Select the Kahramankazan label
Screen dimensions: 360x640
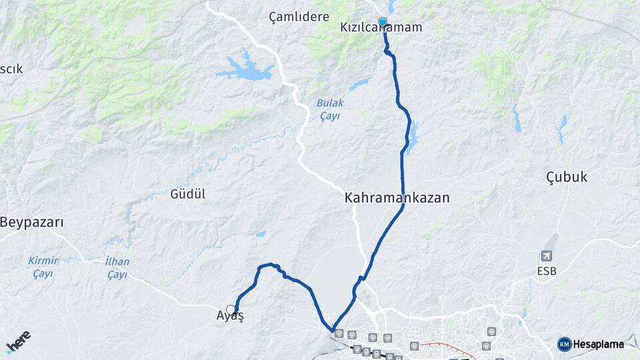tap(397, 198)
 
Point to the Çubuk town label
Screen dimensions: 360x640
tap(566, 177)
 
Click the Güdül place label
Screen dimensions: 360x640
tap(187, 194)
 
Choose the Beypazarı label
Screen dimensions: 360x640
tap(32, 222)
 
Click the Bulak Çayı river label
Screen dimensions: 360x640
tap(329, 110)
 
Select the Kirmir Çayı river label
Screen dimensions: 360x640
tap(43, 267)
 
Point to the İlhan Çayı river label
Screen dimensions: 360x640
tap(117, 267)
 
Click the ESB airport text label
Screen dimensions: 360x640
tap(547, 271)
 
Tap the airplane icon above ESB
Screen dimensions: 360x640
tap(547, 256)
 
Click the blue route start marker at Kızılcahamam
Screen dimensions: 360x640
tap(383, 22)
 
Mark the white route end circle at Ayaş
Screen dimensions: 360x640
tap(231, 309)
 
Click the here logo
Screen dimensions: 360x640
tap(18, 341)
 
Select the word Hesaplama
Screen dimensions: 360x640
tap(599, 344)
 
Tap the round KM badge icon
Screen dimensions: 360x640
tap(565, 344)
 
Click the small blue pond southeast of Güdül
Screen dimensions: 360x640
tap(260, 234)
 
